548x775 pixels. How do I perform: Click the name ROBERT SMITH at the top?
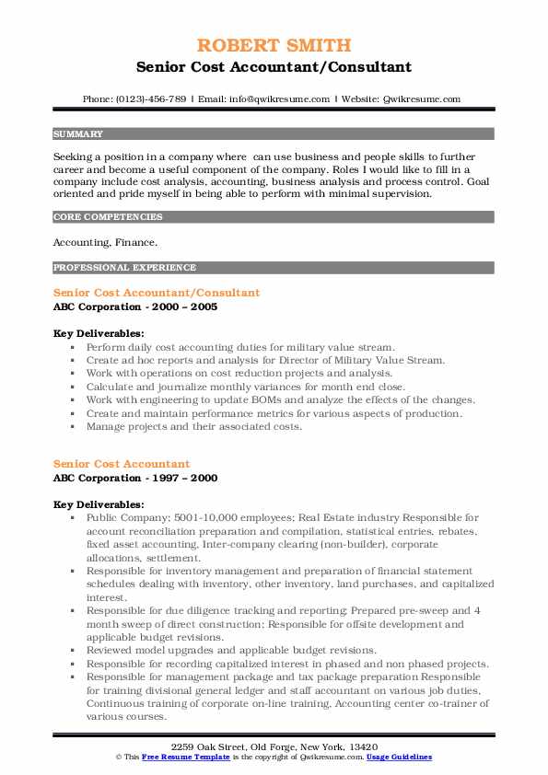(274, 47)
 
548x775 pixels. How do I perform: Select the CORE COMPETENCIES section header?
(108, 217)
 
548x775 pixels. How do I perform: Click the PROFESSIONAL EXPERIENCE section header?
(124, 268)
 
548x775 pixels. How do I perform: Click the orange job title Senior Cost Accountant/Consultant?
(157, 293)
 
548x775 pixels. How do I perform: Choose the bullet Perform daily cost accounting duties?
(240, 348)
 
